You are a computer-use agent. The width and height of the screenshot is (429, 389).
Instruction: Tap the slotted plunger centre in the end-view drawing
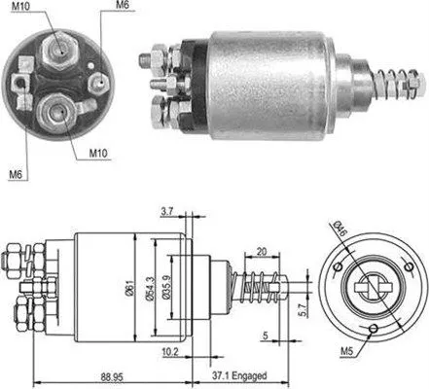click(x=373, y=289)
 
